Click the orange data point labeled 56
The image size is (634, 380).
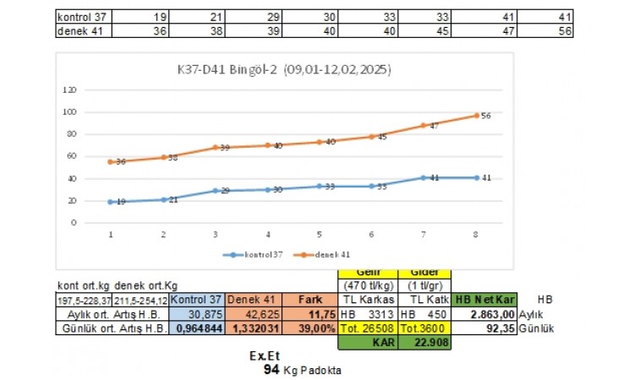click(477, 115)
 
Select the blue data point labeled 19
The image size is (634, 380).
click(112, 202)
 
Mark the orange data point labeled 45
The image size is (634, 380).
click(372, 136)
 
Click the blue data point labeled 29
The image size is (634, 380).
click(216, 191)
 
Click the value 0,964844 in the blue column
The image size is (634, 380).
click(199, 328)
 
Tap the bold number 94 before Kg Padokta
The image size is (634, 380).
click(271, 368)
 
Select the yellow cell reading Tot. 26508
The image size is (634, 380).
click(368, 328)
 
